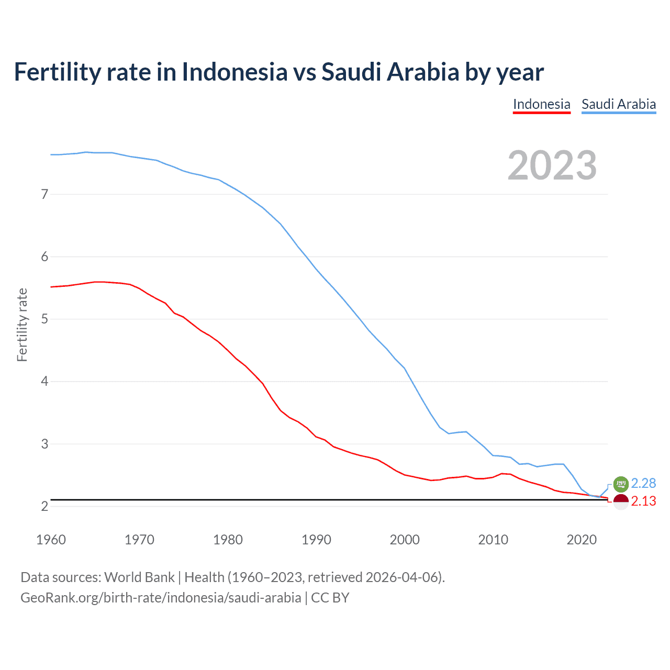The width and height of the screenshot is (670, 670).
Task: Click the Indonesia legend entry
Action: click(x=541, y=104)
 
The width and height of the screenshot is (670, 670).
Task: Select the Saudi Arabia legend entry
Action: click(x=618, y=104)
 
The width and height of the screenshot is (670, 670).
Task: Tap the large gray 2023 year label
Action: click(x=552, y=165)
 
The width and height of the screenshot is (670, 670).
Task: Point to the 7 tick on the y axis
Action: click(x=44, y=194)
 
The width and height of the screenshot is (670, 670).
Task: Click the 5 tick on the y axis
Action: click(x=44, y=319)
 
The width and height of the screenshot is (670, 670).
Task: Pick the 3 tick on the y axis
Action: click(x=44, y=444)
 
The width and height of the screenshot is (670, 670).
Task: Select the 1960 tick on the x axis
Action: click(x=51, y=540)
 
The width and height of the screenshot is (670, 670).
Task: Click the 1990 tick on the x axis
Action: click(x=316, y=540)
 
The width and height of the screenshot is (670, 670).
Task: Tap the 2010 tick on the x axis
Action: click(x=493, y=540)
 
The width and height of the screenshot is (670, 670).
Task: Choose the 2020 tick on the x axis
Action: click(x=582, y=540)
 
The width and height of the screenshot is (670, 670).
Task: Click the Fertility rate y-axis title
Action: click(x=22, y=325)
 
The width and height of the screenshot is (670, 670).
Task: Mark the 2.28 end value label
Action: click(x=643, y=483)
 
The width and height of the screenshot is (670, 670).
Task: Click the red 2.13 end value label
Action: click(x=643, y=501)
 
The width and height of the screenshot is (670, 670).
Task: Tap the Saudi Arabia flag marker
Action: click(x=620, y=484)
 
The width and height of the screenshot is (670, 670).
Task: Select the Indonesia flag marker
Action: click(x=620, y=501)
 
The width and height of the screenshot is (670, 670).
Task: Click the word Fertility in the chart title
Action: click(x=57, y=72)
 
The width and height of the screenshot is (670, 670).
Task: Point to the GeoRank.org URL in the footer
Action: click(x=161, y=598)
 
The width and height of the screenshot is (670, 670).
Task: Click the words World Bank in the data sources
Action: click(x=139, y=577)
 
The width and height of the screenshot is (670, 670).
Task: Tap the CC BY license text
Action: click(x=330, y=598)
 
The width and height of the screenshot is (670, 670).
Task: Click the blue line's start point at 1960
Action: click(x=51, y=154)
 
